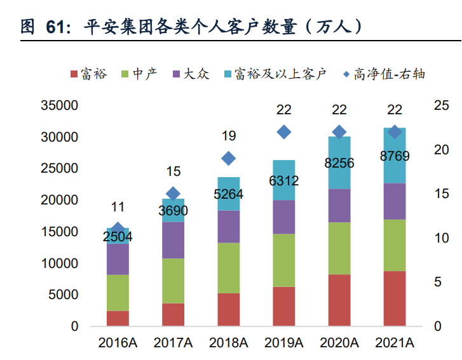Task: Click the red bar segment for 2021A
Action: tap(395, 298)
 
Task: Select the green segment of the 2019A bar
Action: tap(284, 260)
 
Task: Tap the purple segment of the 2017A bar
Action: tap(173, 240)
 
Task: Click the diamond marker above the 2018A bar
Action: tap(229, 158)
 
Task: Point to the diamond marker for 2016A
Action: tap(118, 229)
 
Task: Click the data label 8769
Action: tap(395, 156)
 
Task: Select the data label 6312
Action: tap(284, 181)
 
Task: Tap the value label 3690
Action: tap(173, 210)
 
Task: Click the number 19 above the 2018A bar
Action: tap(229, 136)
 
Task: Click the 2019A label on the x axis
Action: tap(284, 343)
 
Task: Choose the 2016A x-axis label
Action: tap(118, 343)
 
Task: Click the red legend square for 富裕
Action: tap(74, 74)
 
